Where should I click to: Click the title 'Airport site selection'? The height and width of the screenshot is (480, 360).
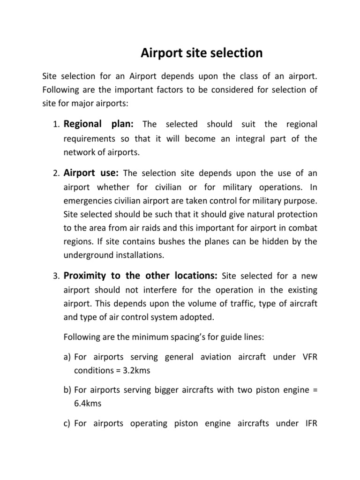click(x=202, y=53)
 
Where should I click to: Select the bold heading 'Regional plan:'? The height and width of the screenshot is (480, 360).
click(x=99, y=124)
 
